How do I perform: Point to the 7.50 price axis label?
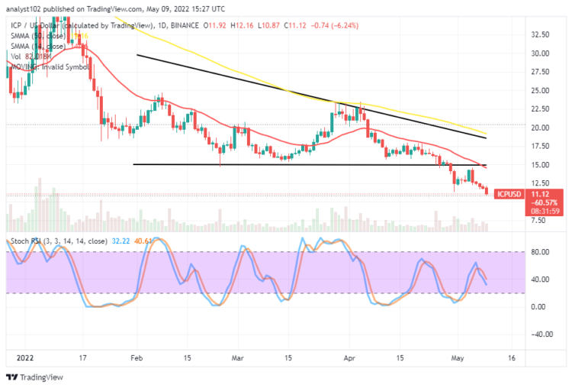538,220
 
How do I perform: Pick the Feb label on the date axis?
137,356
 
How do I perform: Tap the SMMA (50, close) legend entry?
38,35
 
